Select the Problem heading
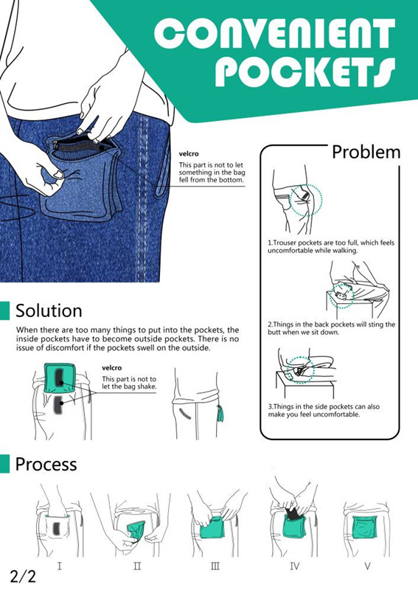point(366,152)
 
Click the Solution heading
point(49,310)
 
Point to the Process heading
point(46,464)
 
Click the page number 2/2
point(23,576)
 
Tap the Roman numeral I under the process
point(60,566)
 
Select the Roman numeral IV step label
point(295,566)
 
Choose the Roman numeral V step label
point(368,566)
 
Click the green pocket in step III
point(212,527)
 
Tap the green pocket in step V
point(365,527)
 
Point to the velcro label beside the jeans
point(189,154)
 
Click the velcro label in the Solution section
point(112,368)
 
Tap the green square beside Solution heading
point(4,310)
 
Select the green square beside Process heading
point(4,464)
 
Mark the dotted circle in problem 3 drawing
point(287,370)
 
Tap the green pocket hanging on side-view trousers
point(221,413)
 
